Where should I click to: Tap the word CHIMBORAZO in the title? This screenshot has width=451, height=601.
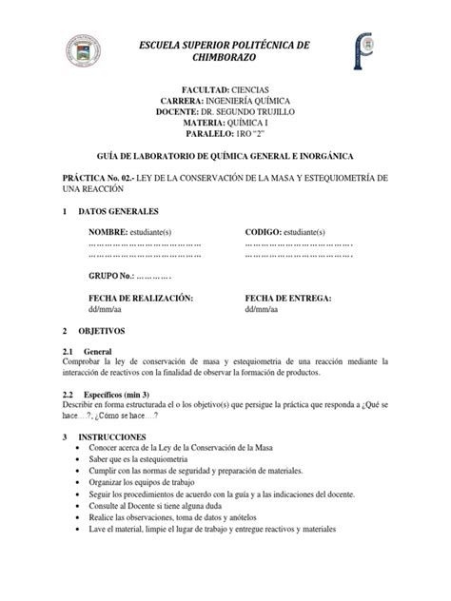225,57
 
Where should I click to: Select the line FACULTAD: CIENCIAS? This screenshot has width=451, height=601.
225,87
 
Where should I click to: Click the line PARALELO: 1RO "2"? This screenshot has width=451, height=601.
225,134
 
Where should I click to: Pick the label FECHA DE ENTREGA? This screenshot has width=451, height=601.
287,298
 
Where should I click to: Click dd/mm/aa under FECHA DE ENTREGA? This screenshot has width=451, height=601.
262,309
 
